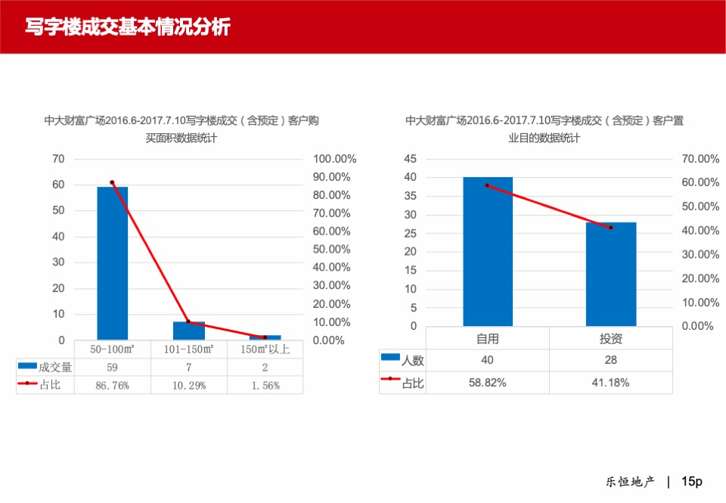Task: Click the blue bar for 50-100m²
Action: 113,263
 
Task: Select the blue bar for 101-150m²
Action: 189,331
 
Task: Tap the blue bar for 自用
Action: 488,251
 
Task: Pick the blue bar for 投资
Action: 611,274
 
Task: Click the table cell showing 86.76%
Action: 113,385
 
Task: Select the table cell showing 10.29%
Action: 189,385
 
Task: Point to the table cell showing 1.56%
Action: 265,385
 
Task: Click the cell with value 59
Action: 113,367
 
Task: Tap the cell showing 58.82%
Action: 488,382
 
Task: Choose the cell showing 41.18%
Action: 611,382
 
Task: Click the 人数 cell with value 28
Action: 611,360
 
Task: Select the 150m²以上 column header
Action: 265,349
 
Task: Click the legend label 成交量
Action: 55,367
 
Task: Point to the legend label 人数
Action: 413,361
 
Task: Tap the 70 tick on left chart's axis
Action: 58,159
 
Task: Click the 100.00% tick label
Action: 334,159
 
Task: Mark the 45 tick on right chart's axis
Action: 411,159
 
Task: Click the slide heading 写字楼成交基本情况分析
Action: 127,27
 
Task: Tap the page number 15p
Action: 692,481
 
